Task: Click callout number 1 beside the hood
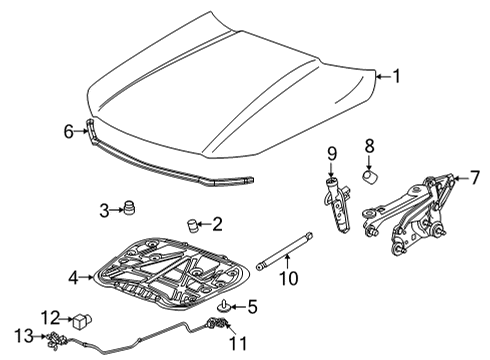[396, 75]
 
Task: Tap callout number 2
[217, 224]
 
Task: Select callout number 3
[104, 210]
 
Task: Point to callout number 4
[72, 277]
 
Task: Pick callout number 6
[69, 130]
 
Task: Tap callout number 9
[332, 154]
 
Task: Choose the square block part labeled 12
[81, 321]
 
